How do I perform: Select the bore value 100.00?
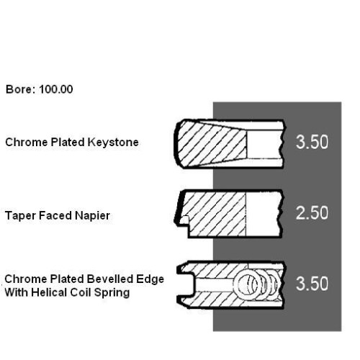[x=56, y=89]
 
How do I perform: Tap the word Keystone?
[x=113, y=143]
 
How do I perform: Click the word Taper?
[x=20, y=216]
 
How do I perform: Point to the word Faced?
[x=55, y=215]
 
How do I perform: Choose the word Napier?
[x=92, y=216]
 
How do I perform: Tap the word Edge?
[x=150, y=279]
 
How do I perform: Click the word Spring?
[x=112, y=293]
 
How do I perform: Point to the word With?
[x=17, y=292]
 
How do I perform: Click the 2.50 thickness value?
[x=312, y=213]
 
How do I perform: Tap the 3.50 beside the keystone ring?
[x=312, y=142]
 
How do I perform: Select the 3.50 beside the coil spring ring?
[x=312, y=284]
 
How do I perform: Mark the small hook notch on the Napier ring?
[x=184, y=220]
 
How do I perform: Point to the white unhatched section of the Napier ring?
[x=263, y=215]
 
